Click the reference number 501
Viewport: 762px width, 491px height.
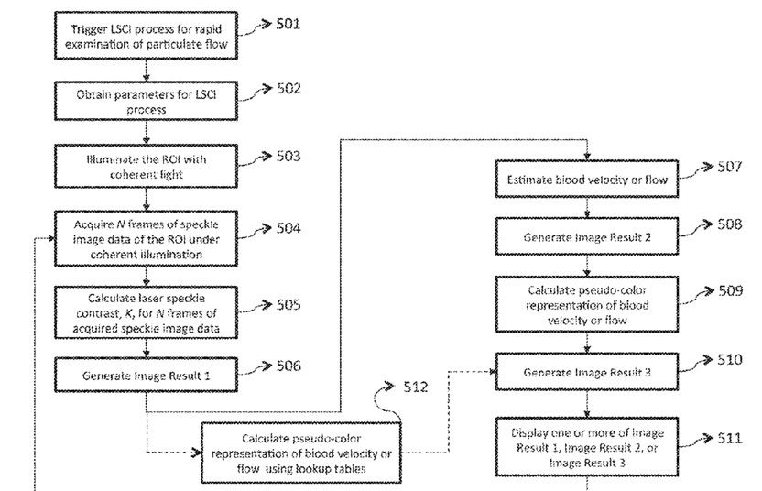tap(288, 24)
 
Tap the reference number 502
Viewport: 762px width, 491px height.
tap(289, 89)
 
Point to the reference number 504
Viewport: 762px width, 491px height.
tap(288, 228)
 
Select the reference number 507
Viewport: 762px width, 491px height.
tap(730, 167)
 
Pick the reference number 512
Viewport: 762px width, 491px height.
tap(416, 387)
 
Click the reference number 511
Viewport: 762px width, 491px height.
tap(730, 439)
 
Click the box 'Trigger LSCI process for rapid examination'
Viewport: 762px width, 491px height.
tap(147, 36)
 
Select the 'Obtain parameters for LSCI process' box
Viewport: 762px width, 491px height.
tap(147, 101)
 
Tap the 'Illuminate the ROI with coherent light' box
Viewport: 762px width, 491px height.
tap(147, 166)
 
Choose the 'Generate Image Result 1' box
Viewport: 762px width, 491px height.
tap(147, 375)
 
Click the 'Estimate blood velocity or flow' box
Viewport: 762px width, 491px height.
tap(587, 179)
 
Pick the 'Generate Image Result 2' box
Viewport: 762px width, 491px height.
tap(587, 236)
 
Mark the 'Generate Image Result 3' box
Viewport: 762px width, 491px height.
tap(587, 372)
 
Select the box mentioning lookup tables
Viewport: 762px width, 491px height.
tap(301, 453)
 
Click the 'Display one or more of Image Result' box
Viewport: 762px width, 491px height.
tap(587, 447)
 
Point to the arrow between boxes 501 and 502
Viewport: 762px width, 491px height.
tap(147, 71)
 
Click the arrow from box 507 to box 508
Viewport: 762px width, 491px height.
tap(587, 208)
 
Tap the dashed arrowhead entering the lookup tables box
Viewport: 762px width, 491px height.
tap(197, 453)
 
